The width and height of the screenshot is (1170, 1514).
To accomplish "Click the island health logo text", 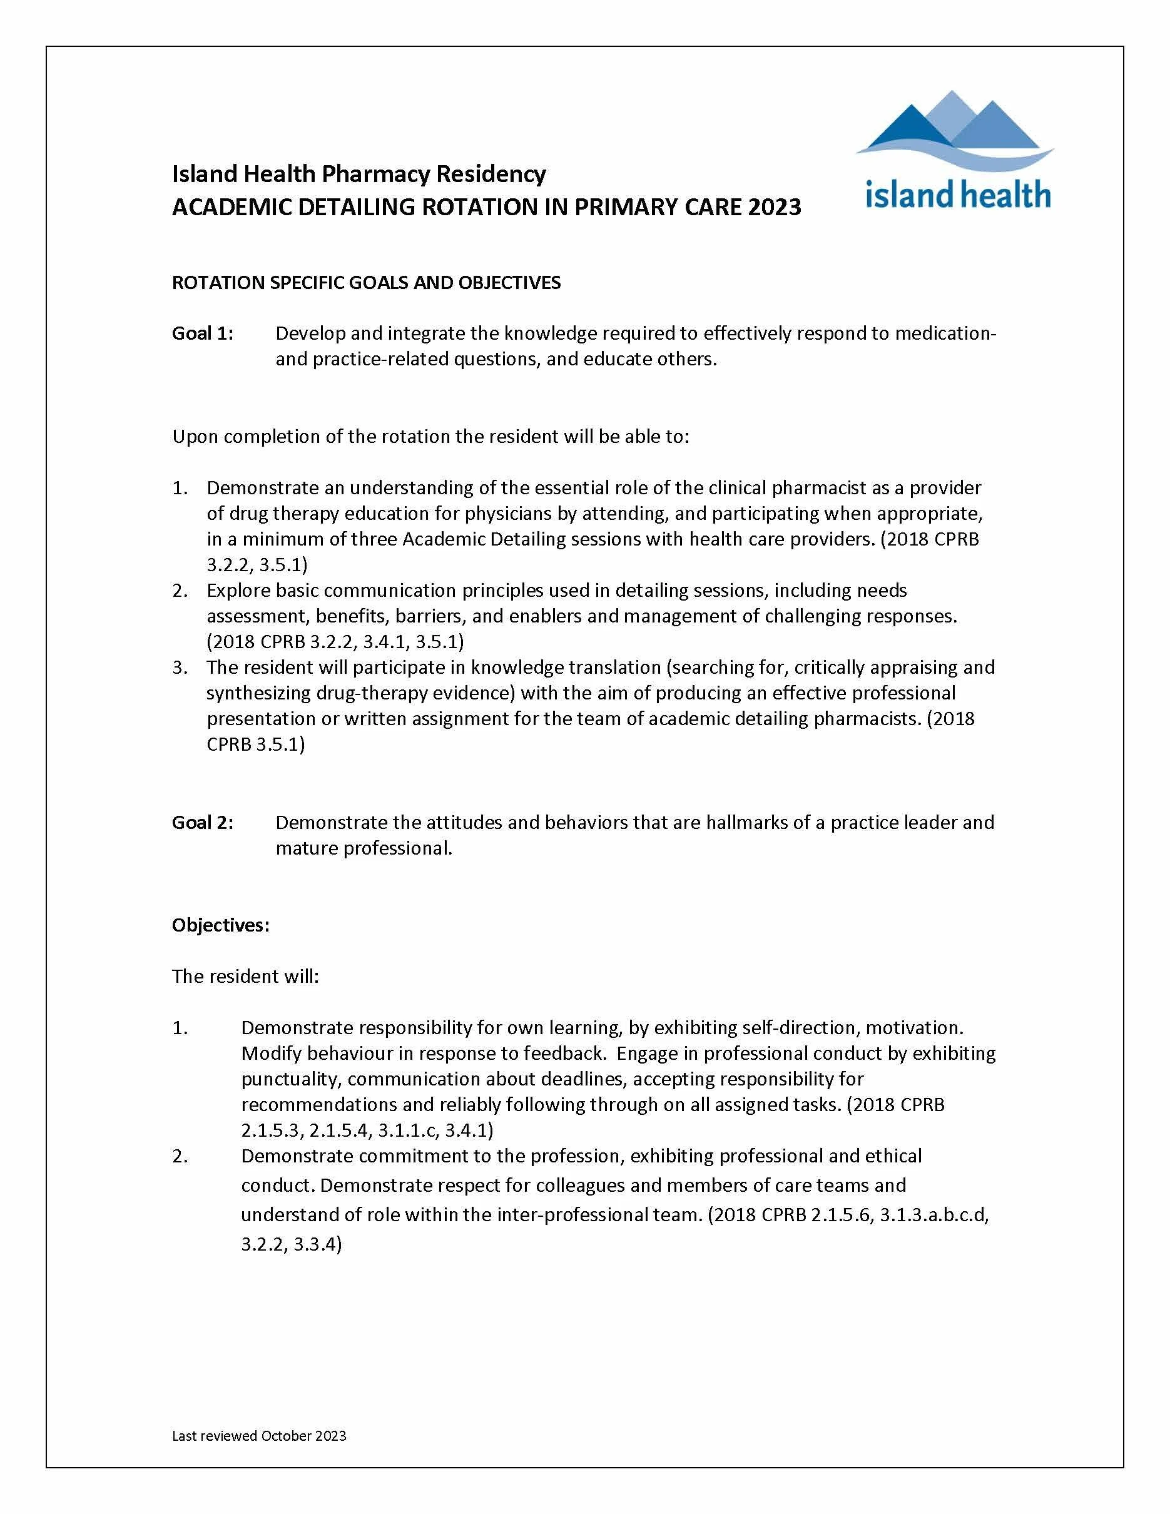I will pos(958,194).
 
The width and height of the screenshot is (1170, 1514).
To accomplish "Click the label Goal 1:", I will pos(202,333).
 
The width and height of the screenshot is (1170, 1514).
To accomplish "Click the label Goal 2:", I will pos(202,822).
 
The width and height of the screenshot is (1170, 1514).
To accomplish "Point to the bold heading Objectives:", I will pos(220,925).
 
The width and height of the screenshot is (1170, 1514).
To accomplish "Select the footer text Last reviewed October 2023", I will pos(259,1436).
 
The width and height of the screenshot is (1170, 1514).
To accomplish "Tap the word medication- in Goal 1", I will pos(945,333).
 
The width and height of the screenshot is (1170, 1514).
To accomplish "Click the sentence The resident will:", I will pos(245,976).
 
